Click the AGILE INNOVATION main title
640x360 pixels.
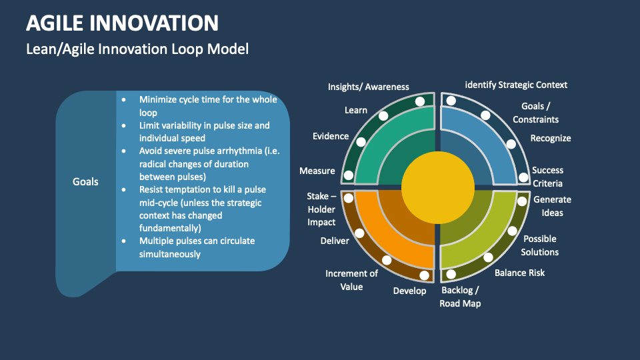tap(122, 23)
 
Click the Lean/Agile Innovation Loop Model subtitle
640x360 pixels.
tap(137, 49)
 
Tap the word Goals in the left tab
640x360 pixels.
tap(85, 181)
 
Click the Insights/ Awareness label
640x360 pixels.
tap(369, 87)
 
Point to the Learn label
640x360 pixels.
tap(356, 110)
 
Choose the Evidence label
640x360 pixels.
tap(331, 136)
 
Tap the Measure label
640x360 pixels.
tap(317, 171)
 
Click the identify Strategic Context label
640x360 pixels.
tap(516, 85)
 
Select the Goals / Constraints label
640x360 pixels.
tap(536, 113)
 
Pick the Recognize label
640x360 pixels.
tap(551, 138)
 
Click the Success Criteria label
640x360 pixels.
tap(547, 177)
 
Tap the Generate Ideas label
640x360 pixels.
tap(552, 206)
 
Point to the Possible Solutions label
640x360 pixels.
tap(540, 245)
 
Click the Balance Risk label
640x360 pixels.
tap(520, 273)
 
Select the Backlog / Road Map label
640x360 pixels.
tap(460, 297)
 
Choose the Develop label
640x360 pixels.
tap(409, 291)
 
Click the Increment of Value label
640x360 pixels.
tap(351, 280)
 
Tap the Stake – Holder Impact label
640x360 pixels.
tap(321, 209)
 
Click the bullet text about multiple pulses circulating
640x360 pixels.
tap(197, 247)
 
